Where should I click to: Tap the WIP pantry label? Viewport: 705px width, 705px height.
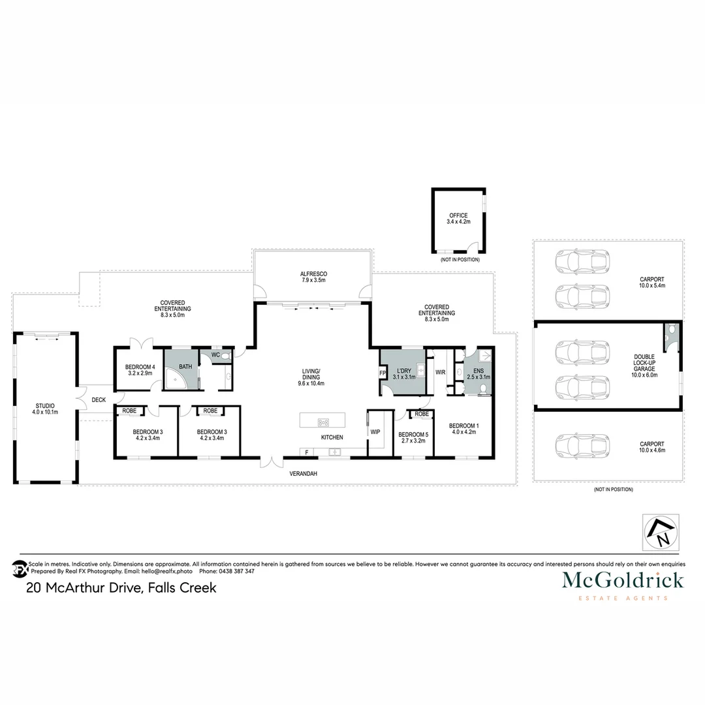(375, 432)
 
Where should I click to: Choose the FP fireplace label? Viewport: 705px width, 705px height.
(383, 374)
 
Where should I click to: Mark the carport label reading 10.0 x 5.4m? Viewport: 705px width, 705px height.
(651, 283)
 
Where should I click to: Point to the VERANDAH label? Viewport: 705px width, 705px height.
(304, 474)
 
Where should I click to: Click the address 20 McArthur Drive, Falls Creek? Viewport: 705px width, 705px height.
(121, 587)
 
